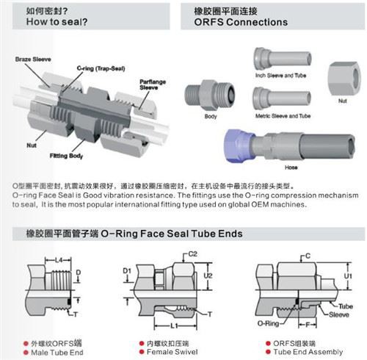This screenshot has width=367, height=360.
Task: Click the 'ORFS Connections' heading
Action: [241, 23]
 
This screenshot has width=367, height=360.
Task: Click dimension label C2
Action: [193, 253]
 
